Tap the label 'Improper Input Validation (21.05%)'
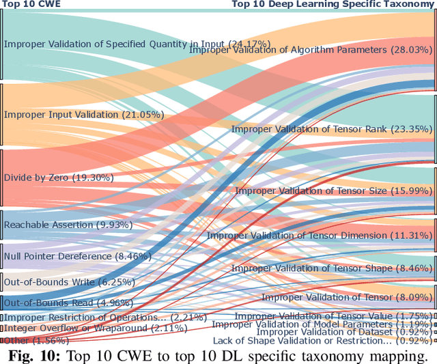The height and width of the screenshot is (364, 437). click(84, 115)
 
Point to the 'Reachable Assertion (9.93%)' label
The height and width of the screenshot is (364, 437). click(68, 225)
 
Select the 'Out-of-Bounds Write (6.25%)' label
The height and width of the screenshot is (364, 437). click(70, 282)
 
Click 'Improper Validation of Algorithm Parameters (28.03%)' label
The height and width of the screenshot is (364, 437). click(311, 50)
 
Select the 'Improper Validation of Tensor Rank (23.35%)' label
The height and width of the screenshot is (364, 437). click(332, 129)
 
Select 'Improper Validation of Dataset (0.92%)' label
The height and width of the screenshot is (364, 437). click(335, 332)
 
